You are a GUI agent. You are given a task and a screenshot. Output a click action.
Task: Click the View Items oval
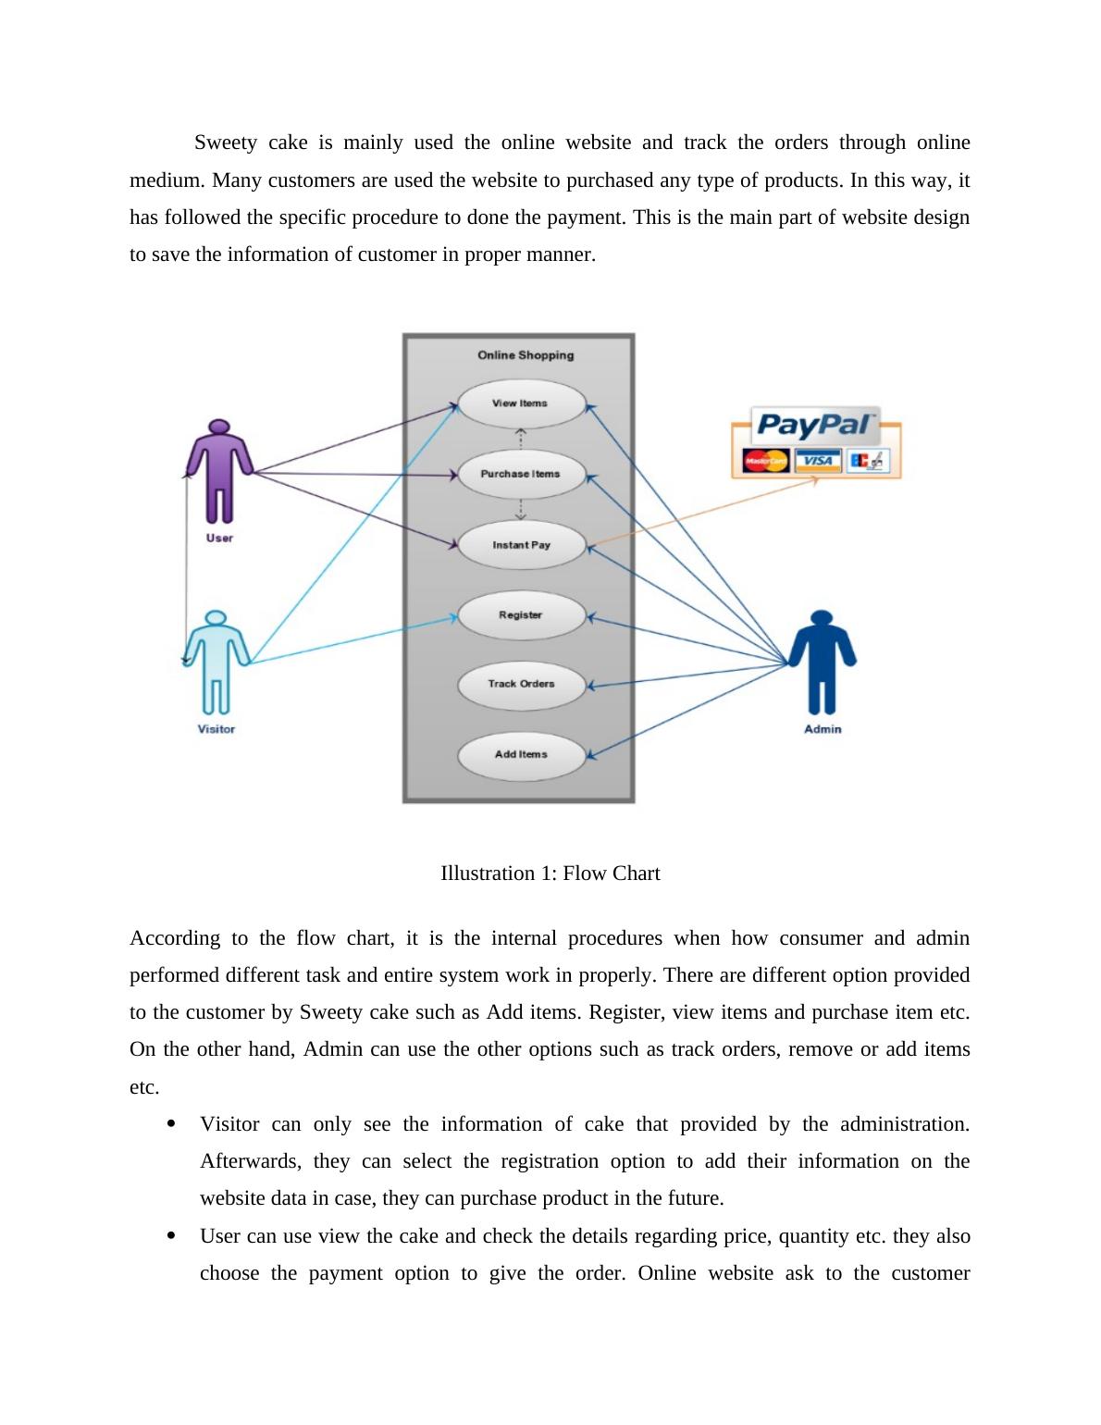522,403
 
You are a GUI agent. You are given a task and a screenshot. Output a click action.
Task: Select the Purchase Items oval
522,474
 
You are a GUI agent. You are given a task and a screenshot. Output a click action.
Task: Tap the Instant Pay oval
522,545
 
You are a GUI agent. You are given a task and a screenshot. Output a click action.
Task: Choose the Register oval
522,615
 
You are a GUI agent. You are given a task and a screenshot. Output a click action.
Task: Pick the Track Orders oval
522,684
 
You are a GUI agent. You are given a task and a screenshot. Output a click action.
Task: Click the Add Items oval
522,754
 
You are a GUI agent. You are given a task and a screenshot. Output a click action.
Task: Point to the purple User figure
219,472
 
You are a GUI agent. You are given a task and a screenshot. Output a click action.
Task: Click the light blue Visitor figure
216,661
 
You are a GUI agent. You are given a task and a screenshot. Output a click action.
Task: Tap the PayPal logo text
815,425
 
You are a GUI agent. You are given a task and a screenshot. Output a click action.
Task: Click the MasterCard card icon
765,460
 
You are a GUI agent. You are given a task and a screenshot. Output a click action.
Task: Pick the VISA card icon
817,460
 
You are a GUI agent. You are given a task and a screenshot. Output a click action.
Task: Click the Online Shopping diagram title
526,355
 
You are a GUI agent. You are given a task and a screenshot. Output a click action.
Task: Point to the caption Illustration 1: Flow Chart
550,874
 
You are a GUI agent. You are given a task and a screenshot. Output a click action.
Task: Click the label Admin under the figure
823,729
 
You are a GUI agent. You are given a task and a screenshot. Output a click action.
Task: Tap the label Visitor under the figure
216,729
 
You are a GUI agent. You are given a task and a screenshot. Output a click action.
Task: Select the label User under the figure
219,539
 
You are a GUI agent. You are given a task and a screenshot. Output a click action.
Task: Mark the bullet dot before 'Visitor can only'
171,1124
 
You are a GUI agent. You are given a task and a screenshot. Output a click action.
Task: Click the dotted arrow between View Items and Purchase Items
522,439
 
